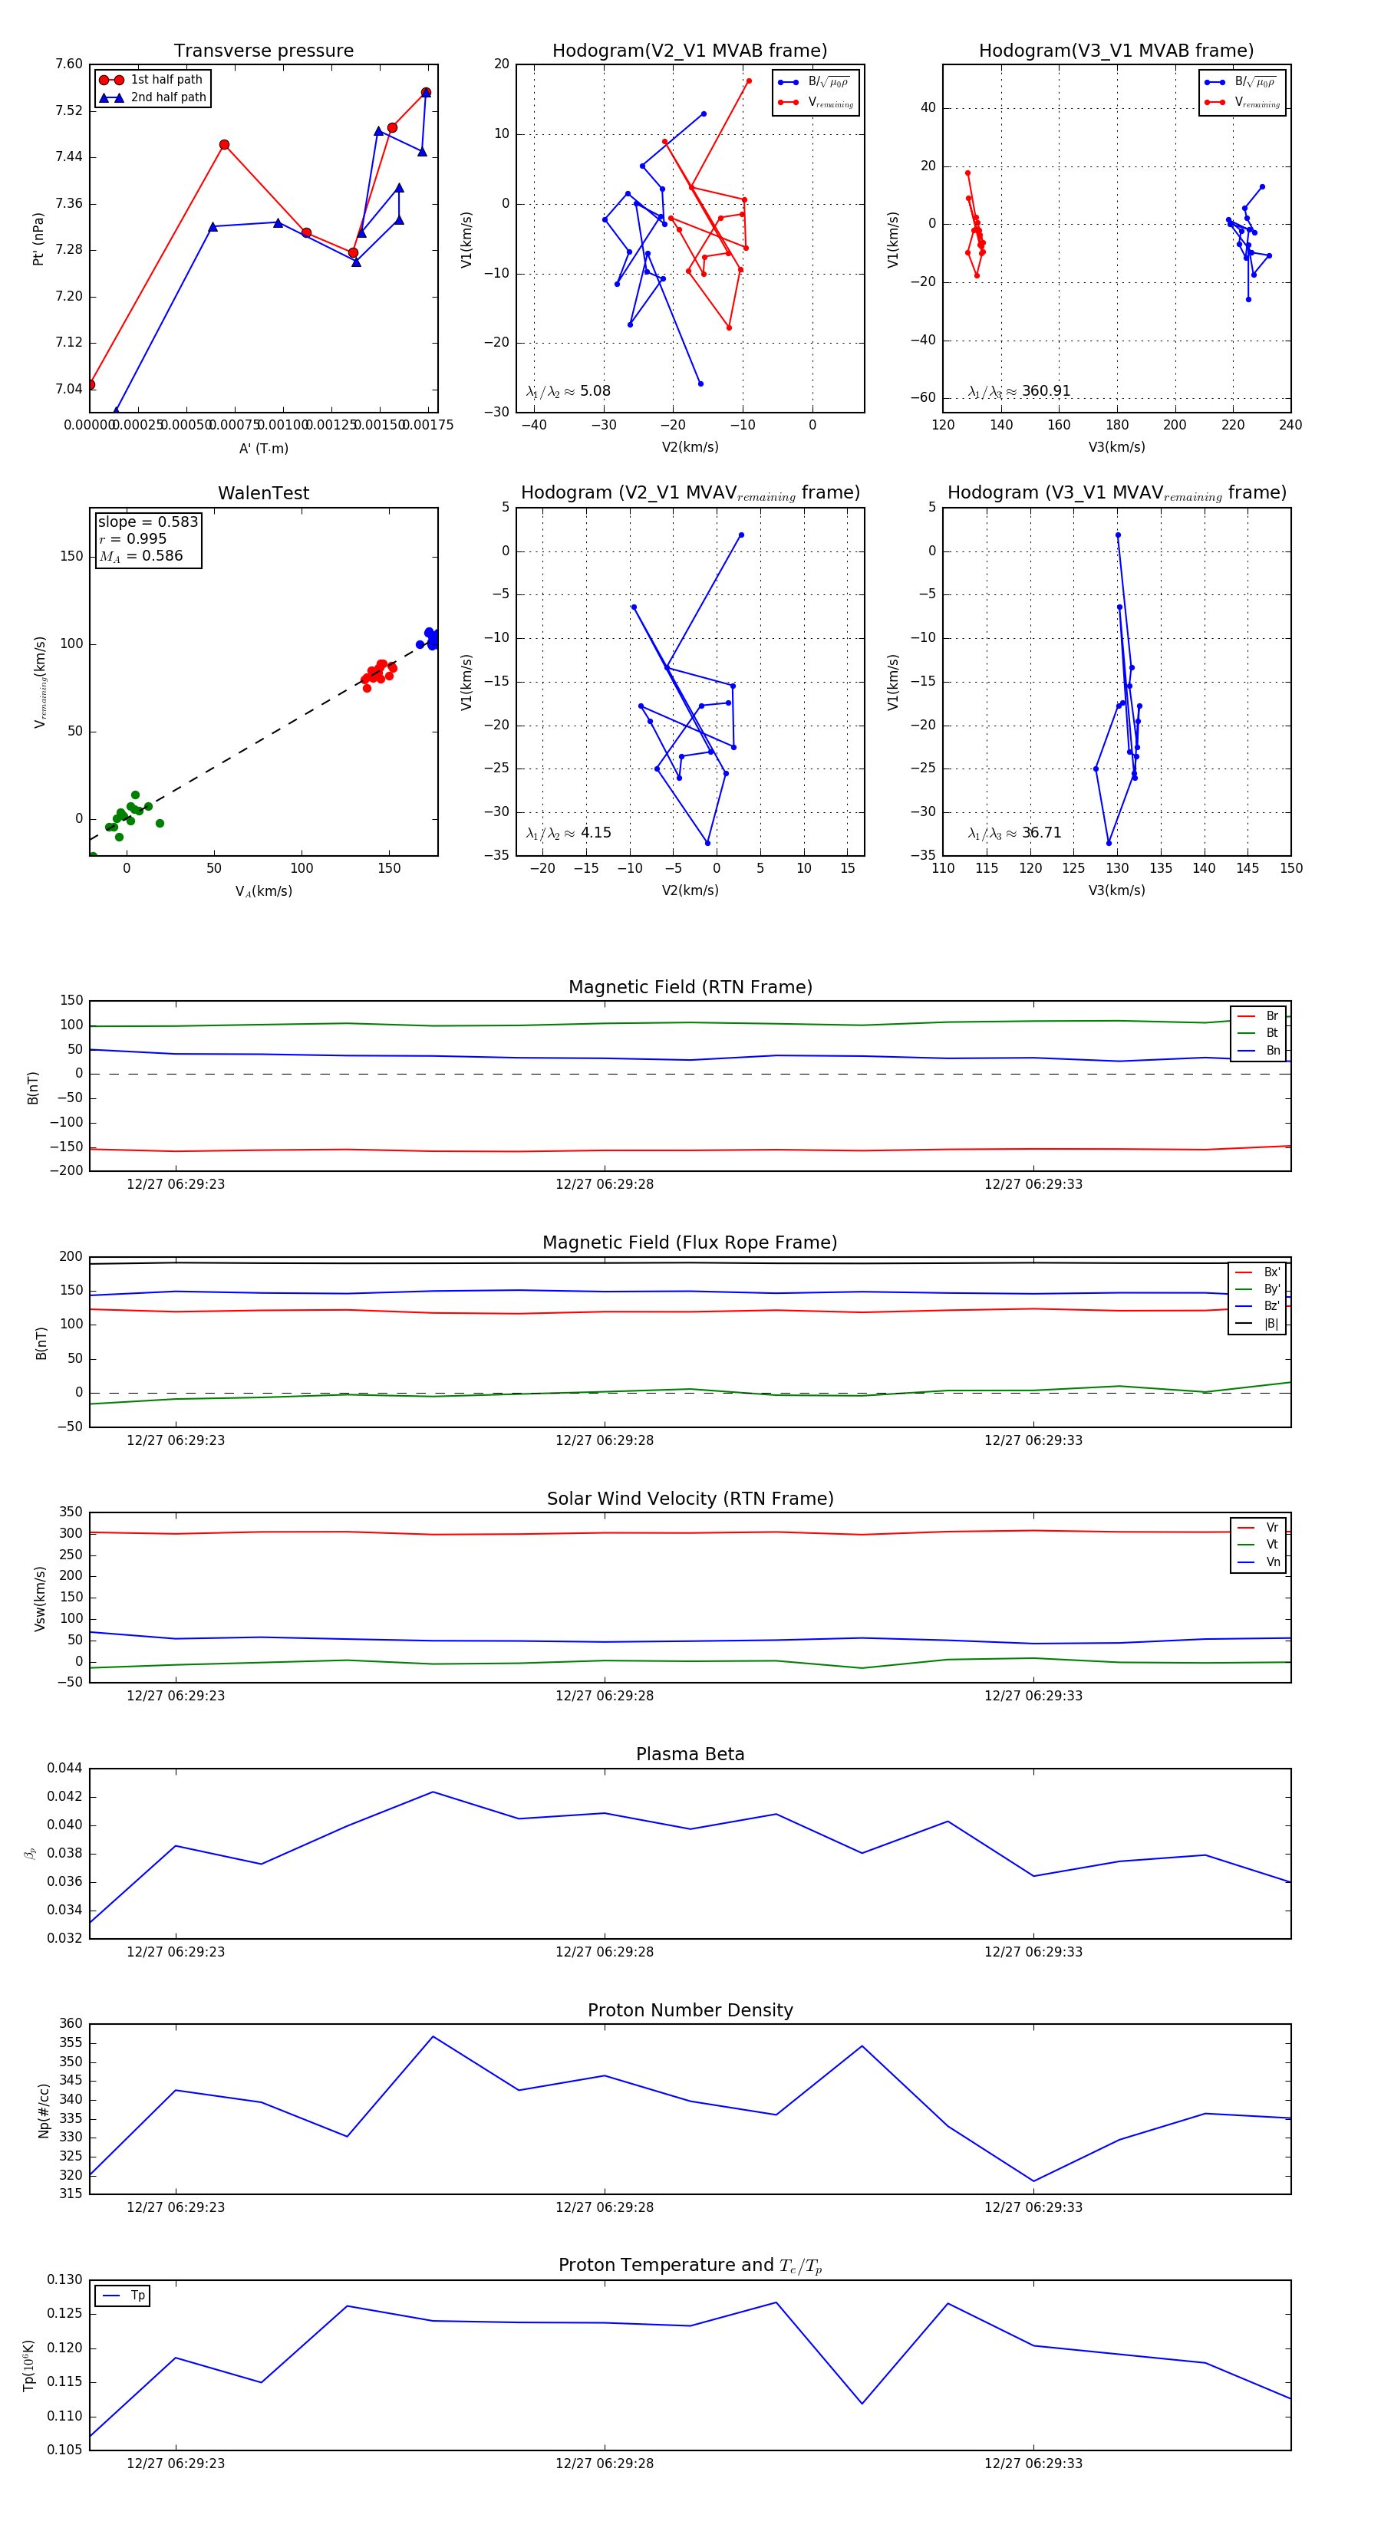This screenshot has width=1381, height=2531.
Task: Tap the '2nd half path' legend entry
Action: click(168, 97)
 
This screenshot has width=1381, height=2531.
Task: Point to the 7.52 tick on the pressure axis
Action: click(69, 111)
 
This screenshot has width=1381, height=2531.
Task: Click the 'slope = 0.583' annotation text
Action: click(147, 522)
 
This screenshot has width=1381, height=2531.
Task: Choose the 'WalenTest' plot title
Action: click(263, 493)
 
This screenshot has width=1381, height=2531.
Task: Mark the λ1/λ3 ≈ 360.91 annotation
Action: click(1020, 391)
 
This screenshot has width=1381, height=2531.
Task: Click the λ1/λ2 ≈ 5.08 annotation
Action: click(568, 391)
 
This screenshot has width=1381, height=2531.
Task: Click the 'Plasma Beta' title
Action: click(690, 1754)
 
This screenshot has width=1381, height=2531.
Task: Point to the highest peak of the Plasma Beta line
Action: click(433, 1792)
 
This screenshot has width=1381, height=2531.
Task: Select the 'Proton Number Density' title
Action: click(690, 2010)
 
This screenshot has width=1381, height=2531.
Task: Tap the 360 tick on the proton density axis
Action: click(71, 2023)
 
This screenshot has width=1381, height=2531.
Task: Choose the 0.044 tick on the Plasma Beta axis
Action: click(65, 1768)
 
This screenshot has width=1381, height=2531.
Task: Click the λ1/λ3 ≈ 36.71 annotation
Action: click(1014, 833)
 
